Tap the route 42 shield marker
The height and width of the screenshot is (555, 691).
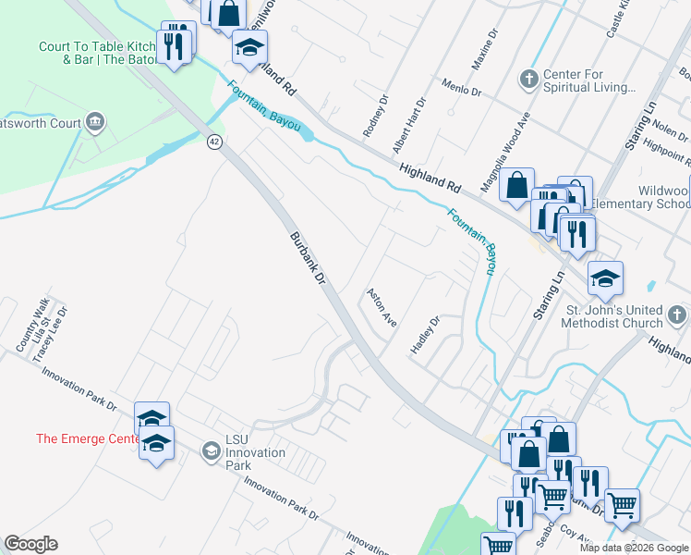click(x=214, y=141)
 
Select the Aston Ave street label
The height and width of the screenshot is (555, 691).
click(x=382, y=308)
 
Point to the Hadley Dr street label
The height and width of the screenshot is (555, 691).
click(x=425, y=334)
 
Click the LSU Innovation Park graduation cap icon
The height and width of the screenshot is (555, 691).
click(x=211, y=451)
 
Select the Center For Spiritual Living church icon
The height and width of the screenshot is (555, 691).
click(x=529, y=78)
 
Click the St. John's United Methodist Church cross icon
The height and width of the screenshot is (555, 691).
click(x=676, y=316)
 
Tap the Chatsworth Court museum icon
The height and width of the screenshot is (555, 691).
click(x=94, y=122)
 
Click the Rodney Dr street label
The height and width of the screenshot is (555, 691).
click(x=374, y=116)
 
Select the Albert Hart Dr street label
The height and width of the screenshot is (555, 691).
click(x=408, y=125)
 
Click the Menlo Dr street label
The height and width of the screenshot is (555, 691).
click(x=462, y=89)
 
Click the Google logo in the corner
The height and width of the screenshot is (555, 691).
click(x=30, y=544)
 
